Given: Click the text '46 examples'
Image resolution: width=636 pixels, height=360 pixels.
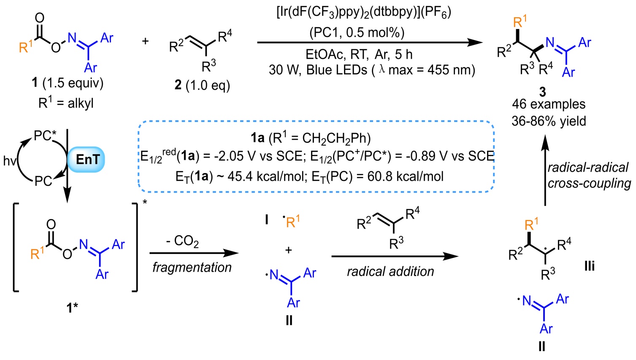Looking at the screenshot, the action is [x=548, y=104].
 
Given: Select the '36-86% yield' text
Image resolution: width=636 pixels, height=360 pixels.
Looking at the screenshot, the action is [x=548, y=121].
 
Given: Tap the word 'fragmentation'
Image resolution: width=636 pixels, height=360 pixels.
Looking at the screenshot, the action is [x=192, y=267].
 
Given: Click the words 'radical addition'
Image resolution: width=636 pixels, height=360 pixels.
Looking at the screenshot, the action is [x=390, y=271].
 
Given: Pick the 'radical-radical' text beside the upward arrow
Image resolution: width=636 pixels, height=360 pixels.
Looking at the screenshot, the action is [x=588, y=168].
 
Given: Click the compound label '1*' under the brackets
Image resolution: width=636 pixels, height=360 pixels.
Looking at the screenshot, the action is [x=72, y=308].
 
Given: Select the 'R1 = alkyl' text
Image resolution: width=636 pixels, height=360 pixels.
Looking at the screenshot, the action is [x=66, y=103].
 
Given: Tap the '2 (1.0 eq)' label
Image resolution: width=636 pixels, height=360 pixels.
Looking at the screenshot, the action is [x=202, y=85].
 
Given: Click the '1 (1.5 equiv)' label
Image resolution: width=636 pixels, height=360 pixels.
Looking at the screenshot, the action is [x=68, y=83].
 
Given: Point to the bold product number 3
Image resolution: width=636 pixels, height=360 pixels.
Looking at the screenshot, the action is [x=543, y=91].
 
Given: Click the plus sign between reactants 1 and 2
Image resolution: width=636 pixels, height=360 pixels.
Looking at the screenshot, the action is [x=145, y=42].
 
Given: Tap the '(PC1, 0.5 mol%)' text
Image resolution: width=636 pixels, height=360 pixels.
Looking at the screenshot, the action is [x=357, y=32].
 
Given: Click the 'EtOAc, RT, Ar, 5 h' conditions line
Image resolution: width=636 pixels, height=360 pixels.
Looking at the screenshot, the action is [x=359, y=54].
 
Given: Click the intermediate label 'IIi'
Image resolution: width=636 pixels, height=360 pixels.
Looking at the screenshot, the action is [x=589, y=266].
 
